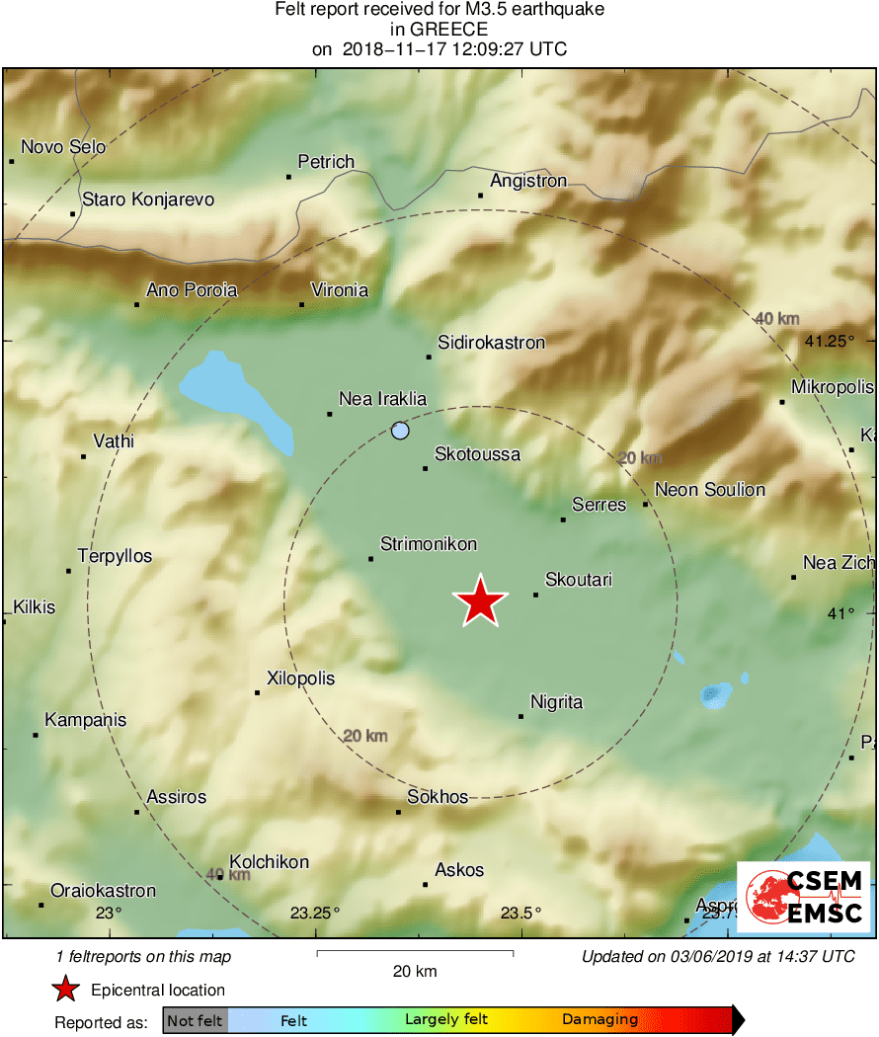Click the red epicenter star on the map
pyautogui.click(x=480, y=601)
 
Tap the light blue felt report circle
pyautogui.click(x=400, y=431)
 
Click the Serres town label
pyautogui.click(x=599, y=505)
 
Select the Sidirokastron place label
pyautogui.click(x=492, y=343)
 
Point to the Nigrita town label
pyautogui.click(x=557, y=702)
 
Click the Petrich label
pyautogui.click(x=326, y=162)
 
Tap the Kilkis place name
pyautogui.click(x=34, y=607)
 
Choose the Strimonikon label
pyautogui.click(x=429, y=544)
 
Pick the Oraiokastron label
pyautogui.click(x=104, y=891)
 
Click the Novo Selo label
pyautogui.click(x=63, y=147)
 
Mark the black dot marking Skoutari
pyautogui.click(x=536, y=595)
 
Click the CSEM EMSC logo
pyautogui.click(x=804, y=897)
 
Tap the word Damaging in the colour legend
pyautogui.click(x=600, y=1019)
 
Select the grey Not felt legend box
pyautogui.click(x=196, y=1019)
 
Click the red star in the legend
pyautogui.click(x=65, y=989)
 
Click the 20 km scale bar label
pyautogui.click(x=414, y=971)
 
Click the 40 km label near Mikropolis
pyautogui.click(x=775, y=318)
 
